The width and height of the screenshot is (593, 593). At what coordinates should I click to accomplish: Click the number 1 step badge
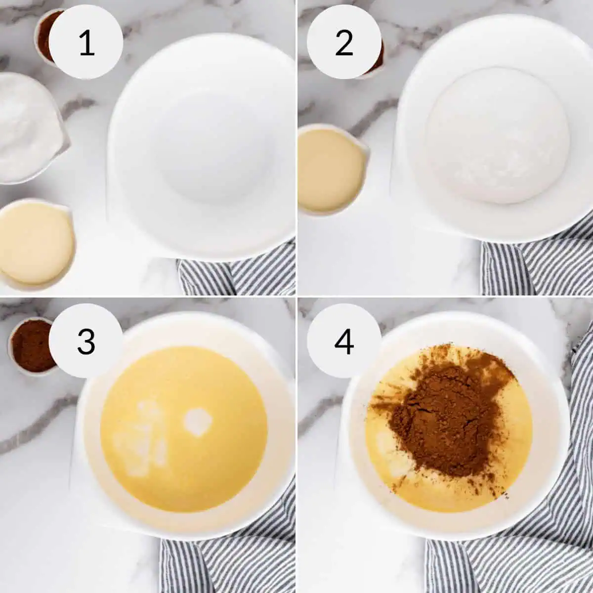[86, 42]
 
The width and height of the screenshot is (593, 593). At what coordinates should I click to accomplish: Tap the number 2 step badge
[344, 42]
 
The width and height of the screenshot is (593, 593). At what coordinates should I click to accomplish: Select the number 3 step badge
[86, 341]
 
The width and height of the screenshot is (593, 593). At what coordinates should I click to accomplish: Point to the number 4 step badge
[344, 341]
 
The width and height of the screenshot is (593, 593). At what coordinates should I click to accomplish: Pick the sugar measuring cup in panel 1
[27, 128]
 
